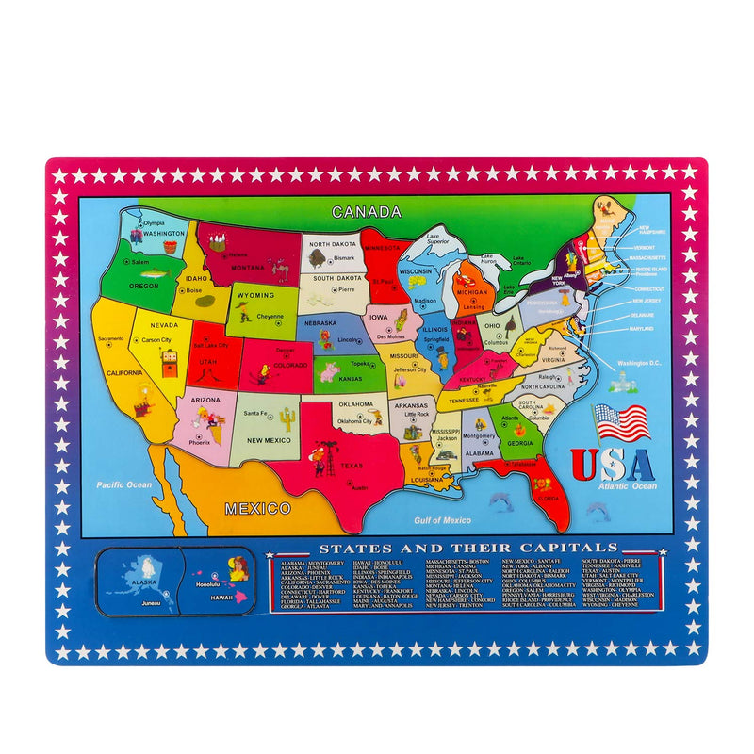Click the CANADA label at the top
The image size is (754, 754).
pos(367,212)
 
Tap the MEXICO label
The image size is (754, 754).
pos(256,509)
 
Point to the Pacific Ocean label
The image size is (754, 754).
pos(124,484)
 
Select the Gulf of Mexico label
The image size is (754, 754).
pos(443,520)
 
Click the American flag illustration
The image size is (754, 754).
pos(621,423)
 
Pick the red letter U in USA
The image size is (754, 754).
pos(584,464)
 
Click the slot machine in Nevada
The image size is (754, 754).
pos(169,363)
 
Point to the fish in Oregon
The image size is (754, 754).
pos(158,273)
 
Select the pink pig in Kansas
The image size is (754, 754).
pos(328,372)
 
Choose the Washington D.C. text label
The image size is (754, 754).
pos(640,364)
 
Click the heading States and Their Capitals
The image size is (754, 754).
pos(467,548)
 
